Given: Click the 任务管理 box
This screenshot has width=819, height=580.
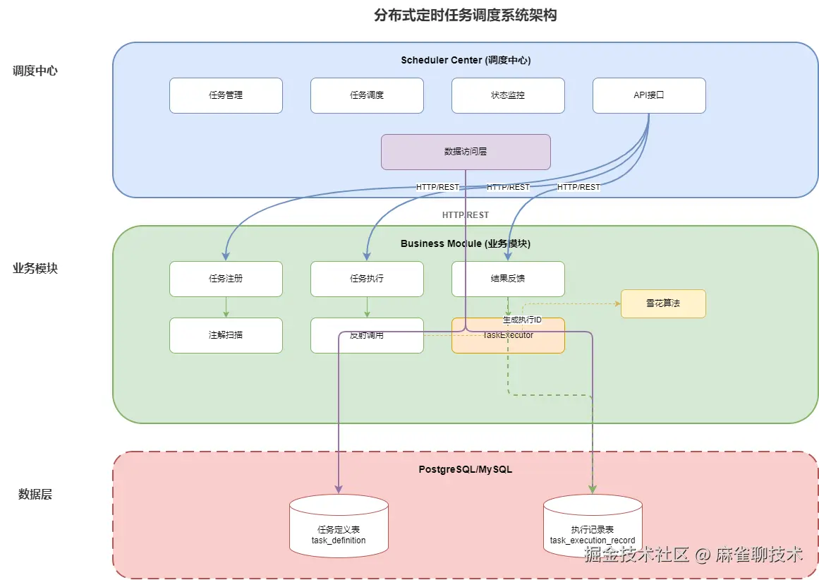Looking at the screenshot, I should click(226, 95).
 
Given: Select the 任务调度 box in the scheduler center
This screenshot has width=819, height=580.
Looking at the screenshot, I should click(367, 95).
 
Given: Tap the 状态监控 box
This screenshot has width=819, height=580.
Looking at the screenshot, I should click(508, 95).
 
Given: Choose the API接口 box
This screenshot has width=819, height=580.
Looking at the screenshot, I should click(649, 95).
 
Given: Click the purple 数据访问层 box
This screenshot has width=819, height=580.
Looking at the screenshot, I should click(466, 152).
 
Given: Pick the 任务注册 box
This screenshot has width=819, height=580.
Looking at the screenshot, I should click(226, 279).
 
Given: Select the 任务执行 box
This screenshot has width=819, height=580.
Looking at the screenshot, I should click(367, 279).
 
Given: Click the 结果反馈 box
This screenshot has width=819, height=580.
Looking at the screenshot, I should click(508, 279).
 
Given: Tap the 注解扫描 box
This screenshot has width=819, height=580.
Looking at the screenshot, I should click(226, 335).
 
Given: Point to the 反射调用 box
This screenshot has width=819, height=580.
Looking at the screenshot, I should click(367, 335).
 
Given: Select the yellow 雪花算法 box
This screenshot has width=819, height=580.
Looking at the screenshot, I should click(663, 303).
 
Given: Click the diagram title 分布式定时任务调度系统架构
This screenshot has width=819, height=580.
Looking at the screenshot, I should click(465, 16).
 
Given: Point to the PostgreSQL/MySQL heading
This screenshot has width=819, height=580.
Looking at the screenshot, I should click(466, 469).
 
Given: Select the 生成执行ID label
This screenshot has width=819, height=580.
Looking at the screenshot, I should click(522, 320).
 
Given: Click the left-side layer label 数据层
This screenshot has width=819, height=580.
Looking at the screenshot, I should click(35, 495).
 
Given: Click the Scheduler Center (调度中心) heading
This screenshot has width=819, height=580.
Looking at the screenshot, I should click(466, 60).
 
